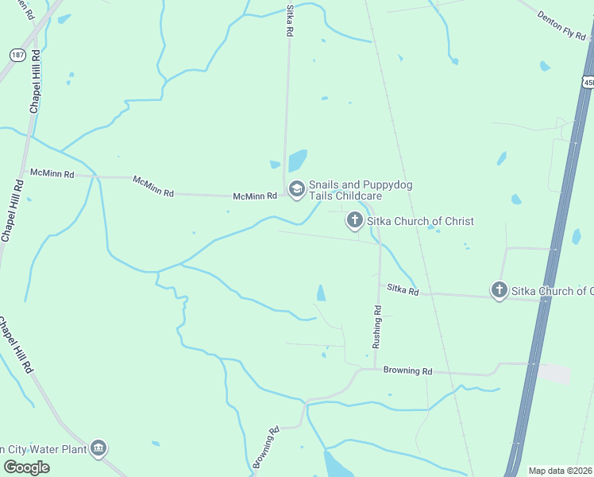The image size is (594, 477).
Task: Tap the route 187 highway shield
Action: pyautogui.click(x=18, y=55)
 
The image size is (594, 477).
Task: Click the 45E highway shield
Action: pyautogui.click(x=588, y=82)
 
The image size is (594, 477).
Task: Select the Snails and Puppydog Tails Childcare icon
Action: pyautogui.click(x=296, y=188)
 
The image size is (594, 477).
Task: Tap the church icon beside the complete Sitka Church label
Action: pyautogui.click(x=354, y=220)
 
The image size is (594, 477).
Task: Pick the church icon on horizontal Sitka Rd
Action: pyautogui.click(x=499, y=290)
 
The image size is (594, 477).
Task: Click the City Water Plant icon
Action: pyautogui.click(x=98, y=448)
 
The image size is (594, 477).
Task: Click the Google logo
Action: pyautogui.click(x=26, y=467)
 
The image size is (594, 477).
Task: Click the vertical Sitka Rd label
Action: pyautogui.click(x=290, y=21)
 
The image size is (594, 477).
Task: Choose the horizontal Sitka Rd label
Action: pyautogui.click(x=403, y=291)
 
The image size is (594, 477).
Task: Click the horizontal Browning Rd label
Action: pyautogui.click(x=407, y=370)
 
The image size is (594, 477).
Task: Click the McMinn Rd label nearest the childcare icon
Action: pyautogui.click(x=254, y=196)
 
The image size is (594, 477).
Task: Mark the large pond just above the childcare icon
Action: pyautogui.click(x=297, y=161)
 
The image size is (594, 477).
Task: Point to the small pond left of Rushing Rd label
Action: pyautogui.click(x=321, y=293)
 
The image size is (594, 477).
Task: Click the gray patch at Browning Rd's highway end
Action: pyautogui.click(x=554, y=374)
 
